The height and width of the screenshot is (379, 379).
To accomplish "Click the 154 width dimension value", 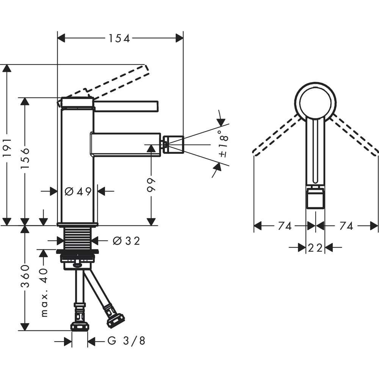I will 119,38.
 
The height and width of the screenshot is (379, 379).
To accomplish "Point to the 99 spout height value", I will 151,185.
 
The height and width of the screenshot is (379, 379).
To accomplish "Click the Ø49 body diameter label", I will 78,192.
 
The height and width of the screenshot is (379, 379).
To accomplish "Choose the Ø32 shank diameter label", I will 126,241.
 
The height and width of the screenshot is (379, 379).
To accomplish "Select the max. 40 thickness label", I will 44,291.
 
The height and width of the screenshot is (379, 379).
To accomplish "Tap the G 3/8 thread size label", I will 126,341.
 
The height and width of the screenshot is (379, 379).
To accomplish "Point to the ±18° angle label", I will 223,144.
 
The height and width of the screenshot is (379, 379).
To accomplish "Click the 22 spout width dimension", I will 315,248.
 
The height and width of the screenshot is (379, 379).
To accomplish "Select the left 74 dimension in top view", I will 285,226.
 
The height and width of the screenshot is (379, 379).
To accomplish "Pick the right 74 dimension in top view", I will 346,226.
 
